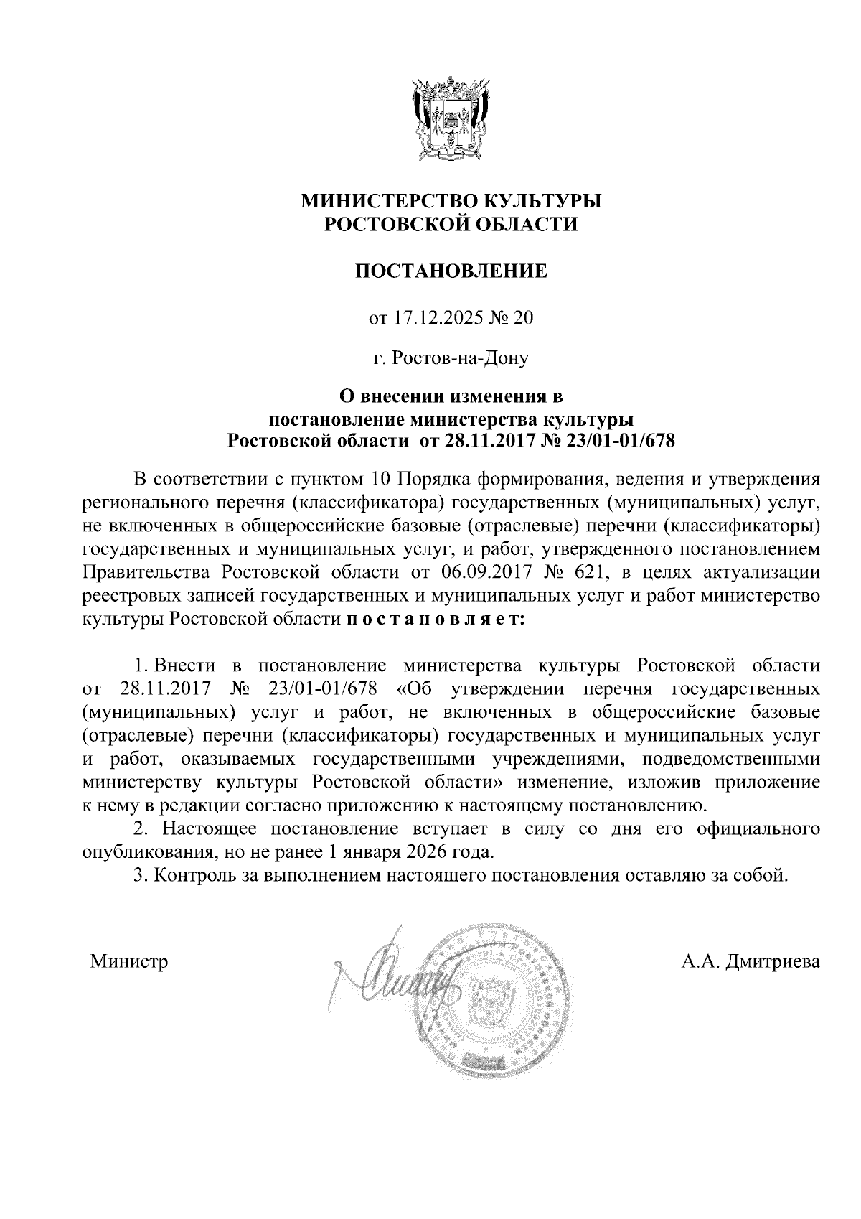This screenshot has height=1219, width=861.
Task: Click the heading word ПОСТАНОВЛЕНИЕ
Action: pyautogui.click(x=452, y=271)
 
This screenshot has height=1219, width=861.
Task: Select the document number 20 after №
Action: pyautogui.click(x=523, y=317)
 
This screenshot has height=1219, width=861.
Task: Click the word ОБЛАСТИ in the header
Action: pyautogui.click(x=522, y=225)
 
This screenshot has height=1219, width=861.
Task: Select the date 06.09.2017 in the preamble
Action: pyautogui.click(x=475, y=572)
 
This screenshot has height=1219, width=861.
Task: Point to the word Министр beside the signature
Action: pyautogui.click(x=129, y=961)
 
